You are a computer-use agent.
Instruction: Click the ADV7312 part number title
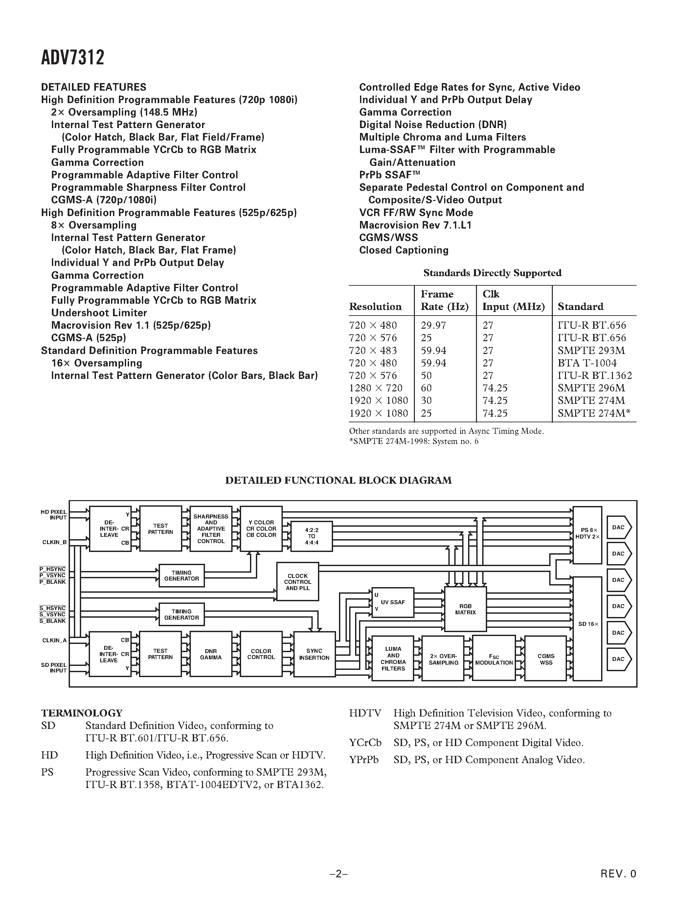(73, 57)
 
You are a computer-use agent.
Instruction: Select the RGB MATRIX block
(465, 609)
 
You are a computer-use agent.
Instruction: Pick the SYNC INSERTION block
(314, 654)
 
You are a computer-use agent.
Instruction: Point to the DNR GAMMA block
(211, 654)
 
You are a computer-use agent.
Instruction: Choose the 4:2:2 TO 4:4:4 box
(311, 536)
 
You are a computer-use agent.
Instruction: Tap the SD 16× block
(588, 624)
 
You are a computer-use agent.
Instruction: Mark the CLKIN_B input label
(54, 542)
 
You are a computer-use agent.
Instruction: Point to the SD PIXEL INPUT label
(54, 668)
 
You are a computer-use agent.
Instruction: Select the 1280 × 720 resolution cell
(376, 388)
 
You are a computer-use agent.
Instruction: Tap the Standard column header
(580, 306)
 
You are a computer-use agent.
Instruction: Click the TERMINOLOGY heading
(82, 713)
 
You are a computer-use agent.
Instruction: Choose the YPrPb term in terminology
(364, 760)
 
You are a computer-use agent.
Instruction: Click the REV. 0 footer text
(618, 873)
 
